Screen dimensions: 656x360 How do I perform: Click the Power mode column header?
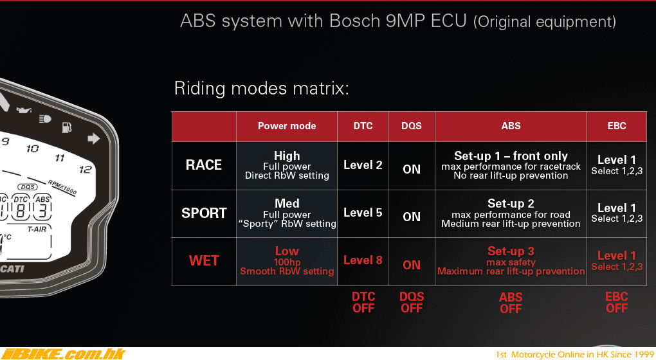pyautogui.click(x=287, y=126)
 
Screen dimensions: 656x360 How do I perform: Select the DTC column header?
pyautogui.click(x=363, y=126)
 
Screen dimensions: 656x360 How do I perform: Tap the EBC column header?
pyautogui.click(x=617, y=126)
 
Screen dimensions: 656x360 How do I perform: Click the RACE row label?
pyautogui.click(x=204, y=165)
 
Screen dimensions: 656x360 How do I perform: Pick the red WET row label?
pyautogui.click(x=204, y=261)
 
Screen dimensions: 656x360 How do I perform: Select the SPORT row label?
pyautogui.click(x=204, y=213)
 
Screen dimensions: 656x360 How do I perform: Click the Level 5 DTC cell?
pyautogui.click(x=363, y=212)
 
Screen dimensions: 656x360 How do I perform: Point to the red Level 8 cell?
pyautogui.click(x=363, y=260)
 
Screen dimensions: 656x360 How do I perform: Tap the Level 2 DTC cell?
pyautogui.click(x=363, y=165)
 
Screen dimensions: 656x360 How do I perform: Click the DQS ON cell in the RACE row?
pyautogui.click(x=412, y=169)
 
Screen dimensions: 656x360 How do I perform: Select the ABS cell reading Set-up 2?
pyautogui.click(x=511, y=213)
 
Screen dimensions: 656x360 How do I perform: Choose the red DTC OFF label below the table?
pyautogui.click(x=363, y=302)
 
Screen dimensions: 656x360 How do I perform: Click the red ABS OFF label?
pyautogui.click(x=511, y=303)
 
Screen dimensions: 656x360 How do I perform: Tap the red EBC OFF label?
pyautogui.click(x=617, y=302)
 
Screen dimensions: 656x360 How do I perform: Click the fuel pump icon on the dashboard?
pyautogui.click(x=66, y=127)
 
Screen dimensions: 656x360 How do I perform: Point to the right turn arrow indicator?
pyautogui.click(x=94, y=138)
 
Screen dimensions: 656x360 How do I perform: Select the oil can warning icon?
pyautogui.click(x=24, y=110)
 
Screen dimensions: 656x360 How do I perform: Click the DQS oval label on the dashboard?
pyautogui.click(x=28, y=187)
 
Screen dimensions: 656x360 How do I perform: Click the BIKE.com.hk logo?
pyautogui.click(x=63, y=354)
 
